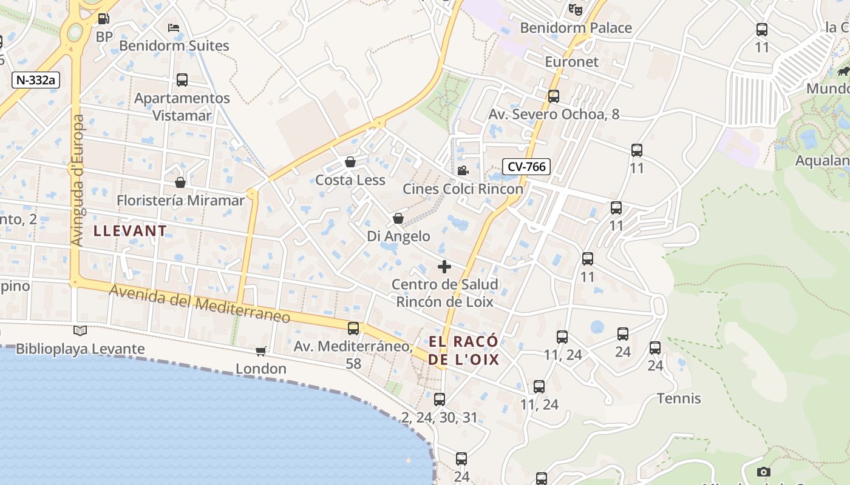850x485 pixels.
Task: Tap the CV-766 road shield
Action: [x=526, y=167]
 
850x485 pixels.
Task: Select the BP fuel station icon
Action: [x=104, y=19]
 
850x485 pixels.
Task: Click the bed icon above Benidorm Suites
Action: [x=174, y=28]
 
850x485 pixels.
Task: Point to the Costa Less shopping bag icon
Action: [x=350, y=162]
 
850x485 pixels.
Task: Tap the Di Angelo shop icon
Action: [x=398, y=218]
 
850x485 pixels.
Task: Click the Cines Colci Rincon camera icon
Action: [x=463, y=171]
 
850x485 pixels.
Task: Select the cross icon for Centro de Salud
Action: [x=444, y=266]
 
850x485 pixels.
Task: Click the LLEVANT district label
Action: [x=130, y=231]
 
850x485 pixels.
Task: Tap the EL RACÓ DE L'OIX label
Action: [x=464, y=350]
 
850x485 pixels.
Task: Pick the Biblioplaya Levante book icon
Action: [x=80, y=330]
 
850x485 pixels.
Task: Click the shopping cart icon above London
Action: [x=261, y=351]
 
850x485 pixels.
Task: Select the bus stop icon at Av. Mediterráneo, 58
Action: [x=353, y=329]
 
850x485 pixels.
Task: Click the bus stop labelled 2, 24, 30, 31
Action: [x=440, y=400]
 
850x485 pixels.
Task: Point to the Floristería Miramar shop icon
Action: [x=180, y=182]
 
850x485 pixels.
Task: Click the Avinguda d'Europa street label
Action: [x=77, y=181]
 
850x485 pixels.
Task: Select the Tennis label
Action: [x=679, y=398]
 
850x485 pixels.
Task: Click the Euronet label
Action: [x=571, y=62]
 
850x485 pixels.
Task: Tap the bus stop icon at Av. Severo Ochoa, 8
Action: [x=553, y=96]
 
